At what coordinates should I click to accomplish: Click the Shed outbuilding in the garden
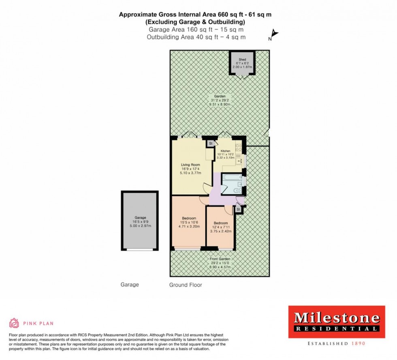(x=242, y=63)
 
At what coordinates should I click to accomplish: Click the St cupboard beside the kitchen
(x=210, y=144)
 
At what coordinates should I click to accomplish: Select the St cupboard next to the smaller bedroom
(x=238, y=209)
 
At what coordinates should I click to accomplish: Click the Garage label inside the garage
(x=140, y=218)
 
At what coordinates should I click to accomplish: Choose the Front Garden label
(x=220, y=259)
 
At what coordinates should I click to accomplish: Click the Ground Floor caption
(x=186, y=285)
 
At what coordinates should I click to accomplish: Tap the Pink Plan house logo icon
(x=14, y=323)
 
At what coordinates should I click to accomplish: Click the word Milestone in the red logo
(x=337, y=317)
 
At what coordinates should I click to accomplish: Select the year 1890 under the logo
(x=359, y=343)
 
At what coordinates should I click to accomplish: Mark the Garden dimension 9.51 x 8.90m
(x=220, y=104)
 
